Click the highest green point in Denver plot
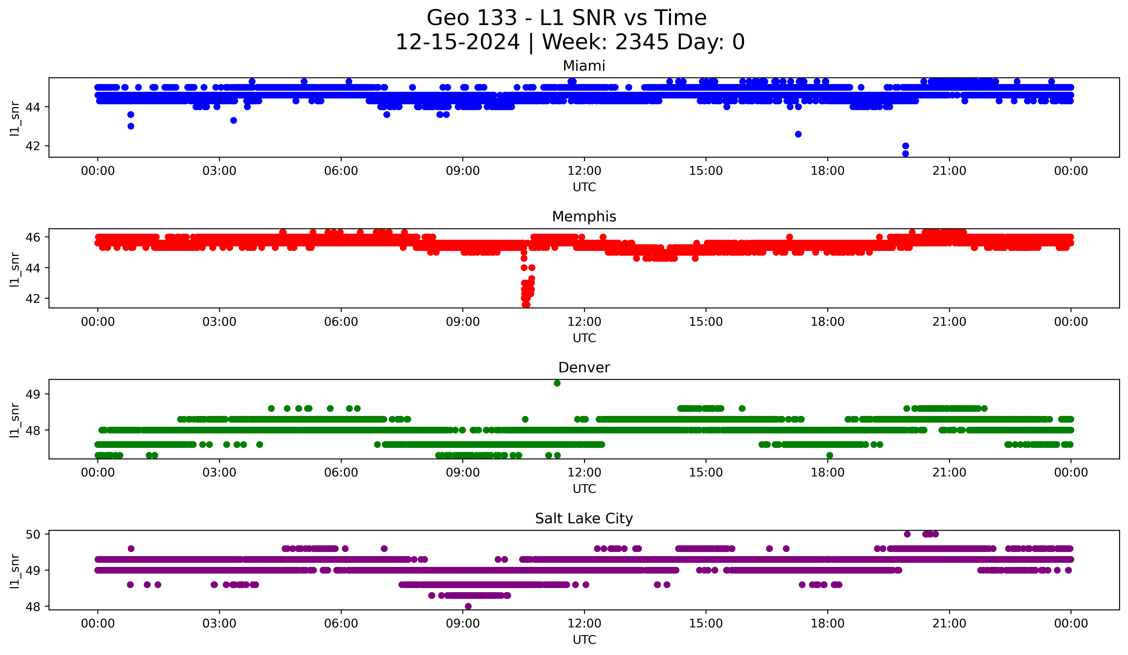point(557,383)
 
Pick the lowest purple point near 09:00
point(468,606)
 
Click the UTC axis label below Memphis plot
point(584,338)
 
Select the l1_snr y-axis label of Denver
point(15,420)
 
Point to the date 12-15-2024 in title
point(457,42)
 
